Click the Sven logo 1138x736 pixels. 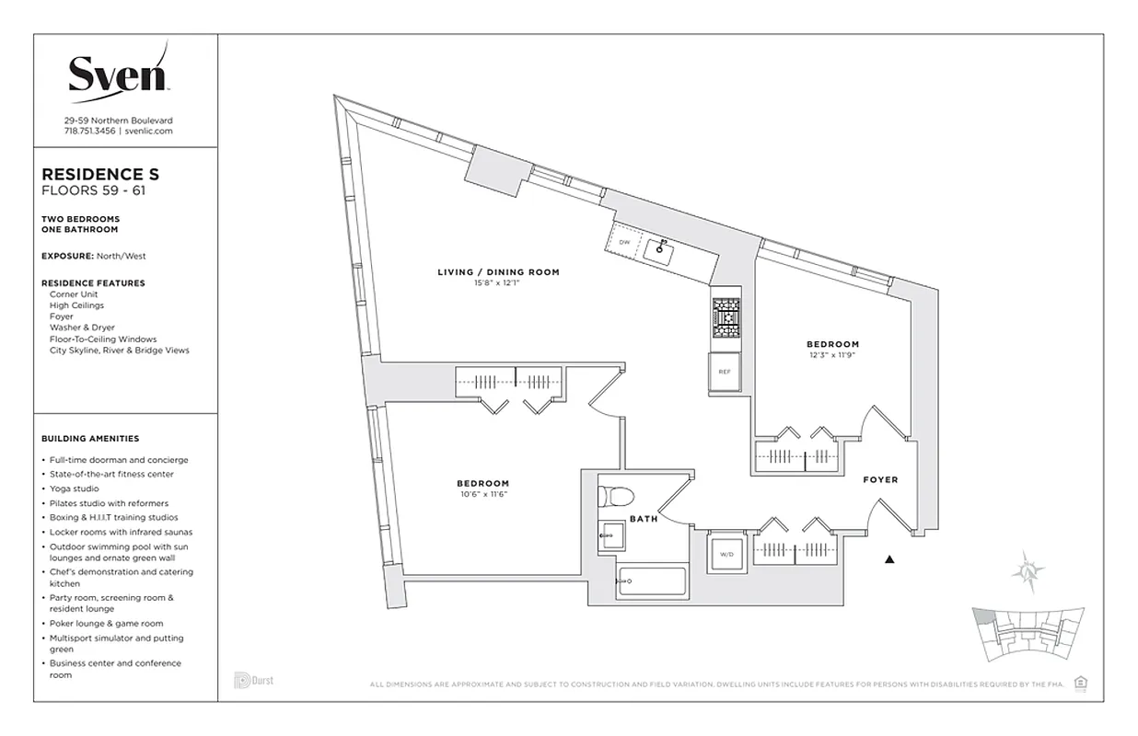pos(118,72)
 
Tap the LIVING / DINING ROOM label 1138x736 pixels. pos(498,272)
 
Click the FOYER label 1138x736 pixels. pos(879,480)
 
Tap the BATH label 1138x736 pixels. pos(644,519)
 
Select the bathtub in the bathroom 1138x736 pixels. pos(652,583)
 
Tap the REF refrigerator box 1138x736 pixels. pos(725,374)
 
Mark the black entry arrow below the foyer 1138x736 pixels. pos(889,558)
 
